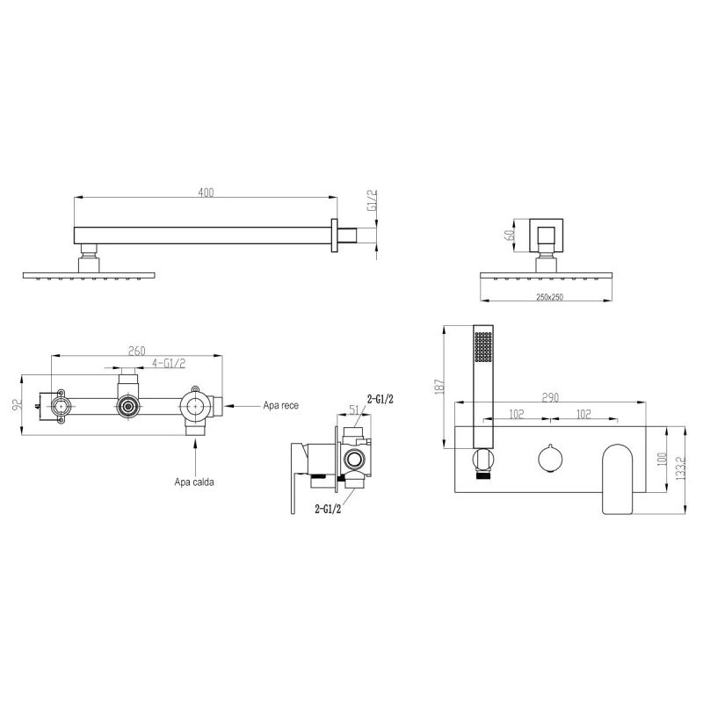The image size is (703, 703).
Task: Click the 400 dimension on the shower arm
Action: pos(206,192)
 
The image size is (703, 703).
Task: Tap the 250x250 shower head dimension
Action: pos(549,297)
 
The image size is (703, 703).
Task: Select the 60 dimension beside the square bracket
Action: pos(509,235)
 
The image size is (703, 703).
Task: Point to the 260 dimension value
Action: pos(137,351)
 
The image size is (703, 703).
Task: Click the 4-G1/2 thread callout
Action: pos(169,363)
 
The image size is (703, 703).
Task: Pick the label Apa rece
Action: pos(280,406)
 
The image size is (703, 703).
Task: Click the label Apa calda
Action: pos(194,482)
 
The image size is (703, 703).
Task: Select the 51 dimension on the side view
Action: pos(354,409)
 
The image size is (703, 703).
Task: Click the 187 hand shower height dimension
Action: pos(439,387)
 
